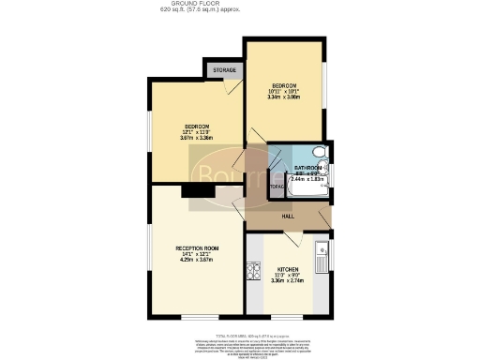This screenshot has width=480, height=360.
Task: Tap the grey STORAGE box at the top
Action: click(x=224, y=70)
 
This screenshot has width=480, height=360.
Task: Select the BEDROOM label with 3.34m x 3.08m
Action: click(x=284, y=89)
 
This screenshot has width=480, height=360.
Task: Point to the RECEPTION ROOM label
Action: click(x=197, y=247)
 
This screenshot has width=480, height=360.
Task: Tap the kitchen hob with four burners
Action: click(x=252, y=272)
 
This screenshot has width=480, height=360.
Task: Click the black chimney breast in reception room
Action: click(x=197, y=191)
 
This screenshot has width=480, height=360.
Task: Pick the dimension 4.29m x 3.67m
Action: click(x=197, y=260)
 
